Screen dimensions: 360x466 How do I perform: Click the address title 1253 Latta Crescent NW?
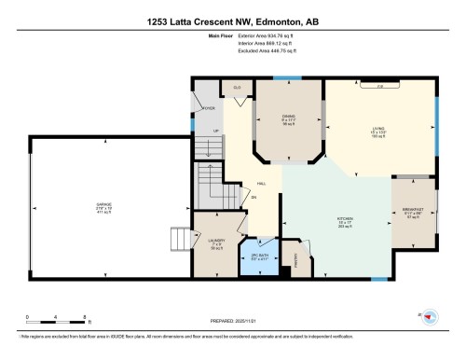point(232,21)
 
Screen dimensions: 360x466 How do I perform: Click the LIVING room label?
point(378,130)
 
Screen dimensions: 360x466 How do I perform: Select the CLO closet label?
point(239,87)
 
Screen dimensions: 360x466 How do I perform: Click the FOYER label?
point(209,108)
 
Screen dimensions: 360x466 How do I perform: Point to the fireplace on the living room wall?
point(379,85)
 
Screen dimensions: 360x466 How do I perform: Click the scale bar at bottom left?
point(56,323)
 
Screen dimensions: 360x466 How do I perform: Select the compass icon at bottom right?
point(431,317)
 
